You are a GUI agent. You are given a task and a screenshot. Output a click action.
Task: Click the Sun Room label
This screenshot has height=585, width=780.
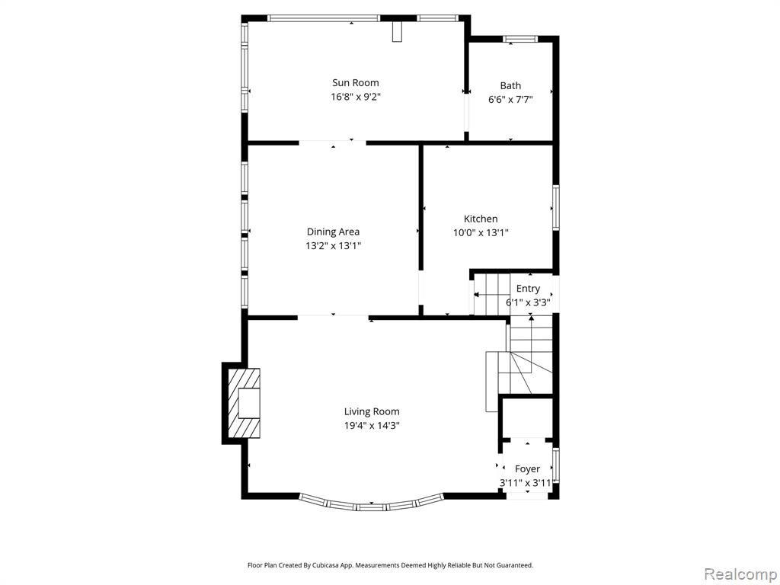355,82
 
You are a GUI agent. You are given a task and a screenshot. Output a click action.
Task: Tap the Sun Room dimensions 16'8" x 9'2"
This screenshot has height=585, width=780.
355,97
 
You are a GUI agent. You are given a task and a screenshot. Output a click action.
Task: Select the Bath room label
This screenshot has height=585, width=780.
510,85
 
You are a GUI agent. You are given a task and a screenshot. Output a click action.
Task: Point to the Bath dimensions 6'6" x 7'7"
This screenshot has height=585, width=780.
510,100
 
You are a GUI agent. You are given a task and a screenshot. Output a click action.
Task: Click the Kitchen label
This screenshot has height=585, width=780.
481,219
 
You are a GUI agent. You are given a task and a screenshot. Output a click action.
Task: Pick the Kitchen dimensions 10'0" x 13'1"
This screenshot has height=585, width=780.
481,232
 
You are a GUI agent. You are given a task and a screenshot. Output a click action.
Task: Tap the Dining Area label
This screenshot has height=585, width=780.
333,232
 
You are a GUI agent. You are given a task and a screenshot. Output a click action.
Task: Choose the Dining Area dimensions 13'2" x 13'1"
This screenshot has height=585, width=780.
333,245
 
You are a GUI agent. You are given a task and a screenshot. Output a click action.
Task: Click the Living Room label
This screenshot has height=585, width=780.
372,411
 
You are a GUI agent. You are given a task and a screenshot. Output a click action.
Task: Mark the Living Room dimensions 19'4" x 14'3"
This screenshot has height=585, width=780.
372,425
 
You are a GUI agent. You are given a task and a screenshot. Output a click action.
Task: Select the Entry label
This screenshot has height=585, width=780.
528,289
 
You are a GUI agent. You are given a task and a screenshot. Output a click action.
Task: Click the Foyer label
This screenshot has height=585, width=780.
527,468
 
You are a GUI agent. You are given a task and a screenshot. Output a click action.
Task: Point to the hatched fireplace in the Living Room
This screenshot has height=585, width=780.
244,404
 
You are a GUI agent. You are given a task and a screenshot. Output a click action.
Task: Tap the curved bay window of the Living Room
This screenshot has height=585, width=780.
371,507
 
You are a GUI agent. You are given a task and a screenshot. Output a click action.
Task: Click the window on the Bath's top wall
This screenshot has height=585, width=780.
520,39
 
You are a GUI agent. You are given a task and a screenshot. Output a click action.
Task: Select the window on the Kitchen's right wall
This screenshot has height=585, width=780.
555,207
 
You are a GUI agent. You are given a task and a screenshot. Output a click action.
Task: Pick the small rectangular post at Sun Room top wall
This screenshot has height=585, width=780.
396,31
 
